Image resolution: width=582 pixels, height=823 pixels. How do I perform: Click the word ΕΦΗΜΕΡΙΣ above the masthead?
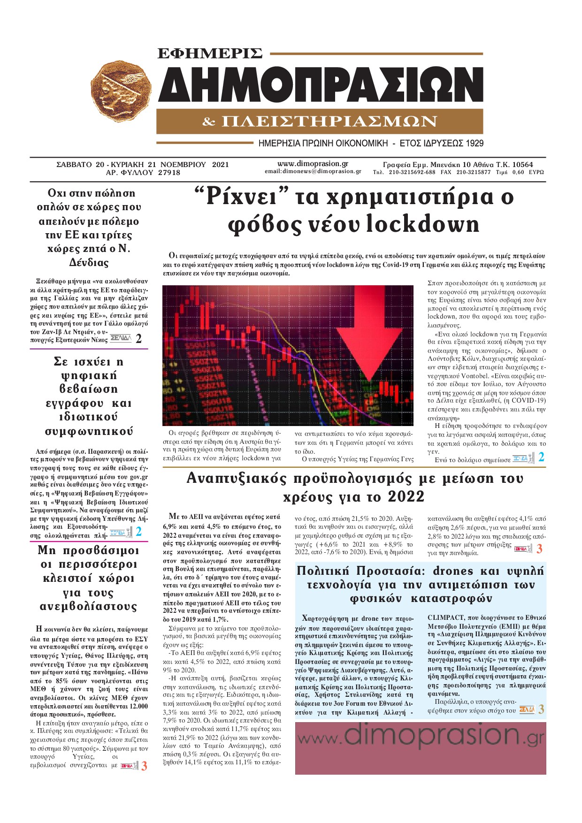tap(210, 54)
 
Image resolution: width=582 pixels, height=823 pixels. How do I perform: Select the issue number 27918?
tap(169, 173)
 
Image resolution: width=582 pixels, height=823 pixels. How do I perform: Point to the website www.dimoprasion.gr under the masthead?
tap(313, 164)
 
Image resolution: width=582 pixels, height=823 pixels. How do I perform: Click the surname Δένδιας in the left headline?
tap(89, 263)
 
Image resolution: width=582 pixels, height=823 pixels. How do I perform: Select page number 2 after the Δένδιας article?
tap(138, 339)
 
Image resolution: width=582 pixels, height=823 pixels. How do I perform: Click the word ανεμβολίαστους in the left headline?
tap(89, 607)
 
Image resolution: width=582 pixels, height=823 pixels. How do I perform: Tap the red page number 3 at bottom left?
tap(144, 766)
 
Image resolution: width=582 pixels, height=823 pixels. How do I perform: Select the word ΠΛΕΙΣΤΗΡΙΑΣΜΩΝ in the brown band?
tap(329, 122)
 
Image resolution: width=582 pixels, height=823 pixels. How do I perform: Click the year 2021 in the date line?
tap(221, 164)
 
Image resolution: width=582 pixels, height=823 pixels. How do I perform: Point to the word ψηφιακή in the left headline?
tap(89, 375)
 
